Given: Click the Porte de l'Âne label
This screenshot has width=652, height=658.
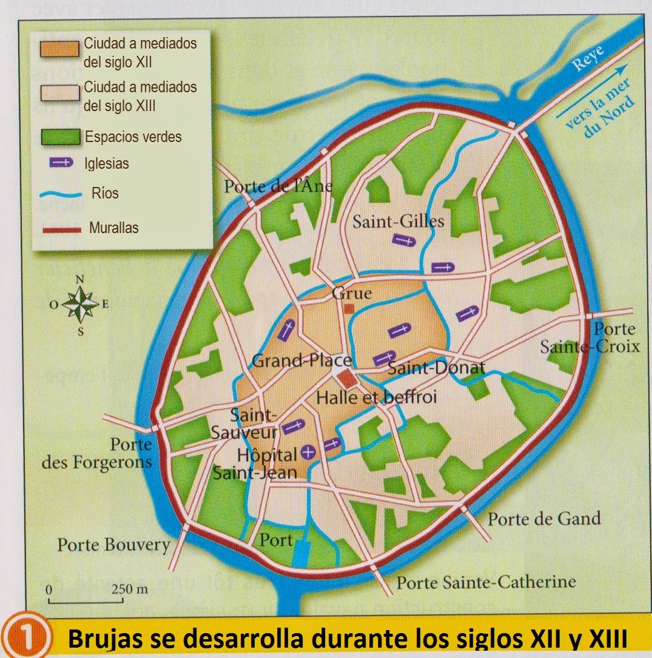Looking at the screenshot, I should [x=278, y=185].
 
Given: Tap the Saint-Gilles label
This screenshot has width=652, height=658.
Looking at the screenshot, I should [x=398, y=221].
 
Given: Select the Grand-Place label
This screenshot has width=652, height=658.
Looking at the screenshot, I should [x=301, y=361].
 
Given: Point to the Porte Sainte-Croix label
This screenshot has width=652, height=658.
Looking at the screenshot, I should [x=590, y=338].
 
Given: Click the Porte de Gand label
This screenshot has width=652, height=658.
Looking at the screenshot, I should [x=544, y=519].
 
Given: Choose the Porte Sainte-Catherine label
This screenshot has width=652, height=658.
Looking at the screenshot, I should [x=486, y=583].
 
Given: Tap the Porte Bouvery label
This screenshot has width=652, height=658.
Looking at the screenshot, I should [x=114, y=544].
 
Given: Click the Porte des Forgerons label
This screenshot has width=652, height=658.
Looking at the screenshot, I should [x=97, y=453].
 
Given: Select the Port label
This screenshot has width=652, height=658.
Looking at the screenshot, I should [x=276, y=540].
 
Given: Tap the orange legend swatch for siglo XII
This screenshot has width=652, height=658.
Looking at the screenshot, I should [x=59, y=49].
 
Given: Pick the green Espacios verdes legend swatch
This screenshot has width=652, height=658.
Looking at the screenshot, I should [x=59, y=137].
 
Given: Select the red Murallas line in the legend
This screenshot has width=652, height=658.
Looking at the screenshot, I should [x=59, y=229].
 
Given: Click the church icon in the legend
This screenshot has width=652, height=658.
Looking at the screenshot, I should [x=60, y=163].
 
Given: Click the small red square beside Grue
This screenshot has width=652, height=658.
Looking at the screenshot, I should [x=349, y=309].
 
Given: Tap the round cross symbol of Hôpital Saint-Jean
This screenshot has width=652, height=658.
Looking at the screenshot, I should [x=309, y=451].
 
